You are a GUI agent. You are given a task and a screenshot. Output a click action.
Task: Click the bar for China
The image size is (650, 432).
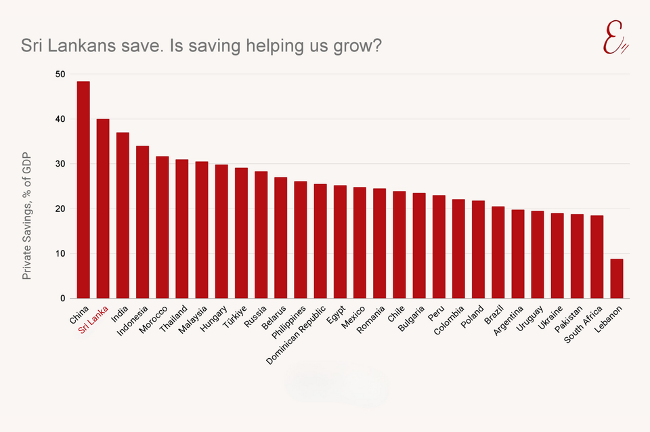click(x=83, y=190)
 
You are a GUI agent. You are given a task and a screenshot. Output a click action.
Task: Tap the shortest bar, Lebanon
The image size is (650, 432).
click(x=617, y=278)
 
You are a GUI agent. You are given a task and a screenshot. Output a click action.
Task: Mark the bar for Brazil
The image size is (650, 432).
click(x=498, y=252)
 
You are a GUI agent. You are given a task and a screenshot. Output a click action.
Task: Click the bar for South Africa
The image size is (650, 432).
click(x=597, y=257)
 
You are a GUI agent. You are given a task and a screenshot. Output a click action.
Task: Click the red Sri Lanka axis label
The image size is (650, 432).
click(x=93, y=319)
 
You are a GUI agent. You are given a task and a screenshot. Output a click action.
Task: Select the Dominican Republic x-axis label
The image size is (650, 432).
click(x=295, y=334)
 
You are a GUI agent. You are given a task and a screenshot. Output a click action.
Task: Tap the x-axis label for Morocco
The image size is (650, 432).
click(x=152, y=319)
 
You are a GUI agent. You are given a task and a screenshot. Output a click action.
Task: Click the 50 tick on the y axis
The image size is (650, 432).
click(x=60, y=74)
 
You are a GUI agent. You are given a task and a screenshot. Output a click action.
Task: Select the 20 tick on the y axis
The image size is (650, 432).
click(x=60, y=209)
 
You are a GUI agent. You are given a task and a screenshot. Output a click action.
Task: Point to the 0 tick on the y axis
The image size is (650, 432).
click(x=63, y=298)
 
